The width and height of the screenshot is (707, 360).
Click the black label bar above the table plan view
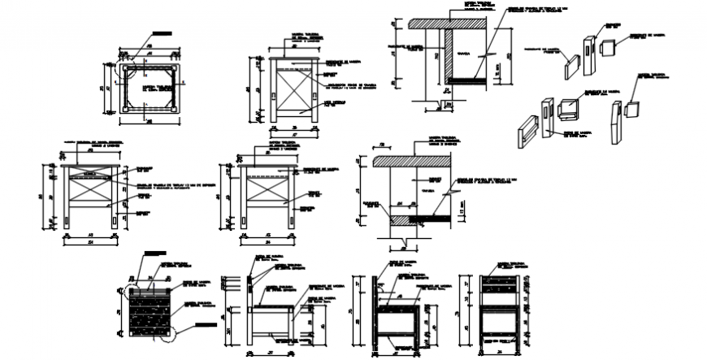163,35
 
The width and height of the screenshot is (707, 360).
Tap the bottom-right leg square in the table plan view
173,106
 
